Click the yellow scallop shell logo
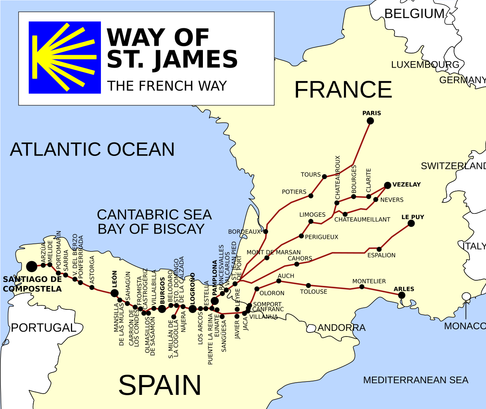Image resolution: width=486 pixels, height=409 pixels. (x=65, y=57)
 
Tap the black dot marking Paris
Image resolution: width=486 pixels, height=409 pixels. (x=370, y=121)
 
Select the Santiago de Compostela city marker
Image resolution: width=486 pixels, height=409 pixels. (x=32, y=266)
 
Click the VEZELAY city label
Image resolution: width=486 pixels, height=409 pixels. (x=406, y=185)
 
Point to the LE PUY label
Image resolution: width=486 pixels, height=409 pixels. (x=413, y=217)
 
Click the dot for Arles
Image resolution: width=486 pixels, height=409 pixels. (x=401, y=295)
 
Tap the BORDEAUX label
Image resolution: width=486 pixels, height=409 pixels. (x=244, y=232)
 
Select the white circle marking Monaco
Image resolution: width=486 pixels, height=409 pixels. (x=466, y=296)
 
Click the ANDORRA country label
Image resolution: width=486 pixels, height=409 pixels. (x=341, y=328)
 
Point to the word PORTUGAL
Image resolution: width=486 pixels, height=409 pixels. (x=43, y=328)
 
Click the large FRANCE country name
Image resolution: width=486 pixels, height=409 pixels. (x=343, y=89)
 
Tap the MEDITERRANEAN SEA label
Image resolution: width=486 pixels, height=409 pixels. (x=416, y=380)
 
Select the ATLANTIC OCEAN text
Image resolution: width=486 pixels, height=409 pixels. (x=92, y=149)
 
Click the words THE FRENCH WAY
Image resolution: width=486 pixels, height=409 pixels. (x=167, y=86)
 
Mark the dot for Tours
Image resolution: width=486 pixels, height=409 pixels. (x=324, y=177)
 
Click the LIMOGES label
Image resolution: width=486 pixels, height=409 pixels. (x=312, y=215)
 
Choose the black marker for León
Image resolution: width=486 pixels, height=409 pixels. (x=115, y=293)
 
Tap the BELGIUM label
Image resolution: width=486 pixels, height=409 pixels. (x=414, y=14)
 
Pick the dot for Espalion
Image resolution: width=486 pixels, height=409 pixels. (x=379, y=249)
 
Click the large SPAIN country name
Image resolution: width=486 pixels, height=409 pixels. (x=160, y=385)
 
